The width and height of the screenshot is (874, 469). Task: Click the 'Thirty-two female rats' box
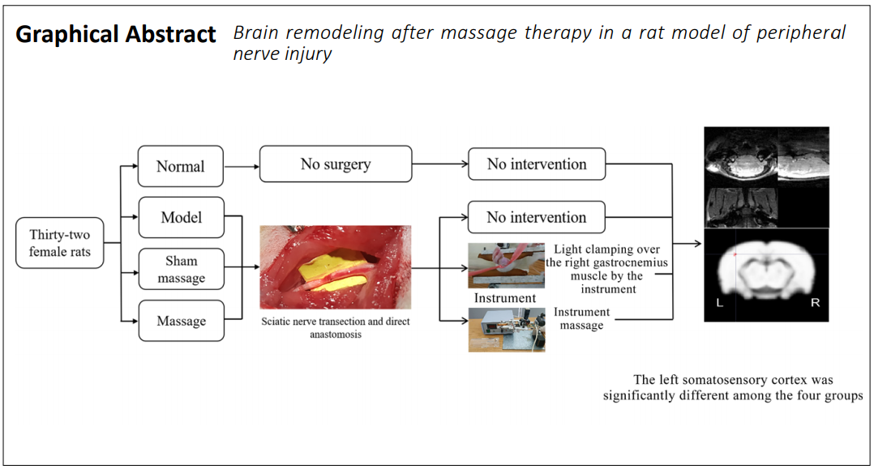[x=60, y=243]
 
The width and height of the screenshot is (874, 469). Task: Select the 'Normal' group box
[x=181, y=166]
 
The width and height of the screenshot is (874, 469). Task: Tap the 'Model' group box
[x=181, y=217]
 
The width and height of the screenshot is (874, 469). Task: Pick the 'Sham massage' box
[x=181, y=269]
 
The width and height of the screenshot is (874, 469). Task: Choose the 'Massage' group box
[x=181, y=321]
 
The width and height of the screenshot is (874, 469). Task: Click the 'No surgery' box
[x=336, y=164]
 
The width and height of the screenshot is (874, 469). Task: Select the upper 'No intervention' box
[x=537, y=164]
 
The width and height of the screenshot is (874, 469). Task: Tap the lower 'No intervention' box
[x=537, y=216]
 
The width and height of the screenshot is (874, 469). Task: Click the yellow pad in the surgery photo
[x=332, y=272]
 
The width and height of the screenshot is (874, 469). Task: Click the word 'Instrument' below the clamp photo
[x=505, y=298]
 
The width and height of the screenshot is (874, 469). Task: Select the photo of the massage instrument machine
[x=507, y=330]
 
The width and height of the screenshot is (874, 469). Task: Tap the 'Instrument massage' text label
[x=581, y=318]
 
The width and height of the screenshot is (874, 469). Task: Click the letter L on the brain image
[x=720, y=303]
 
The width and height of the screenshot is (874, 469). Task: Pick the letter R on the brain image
[x=815, y=303]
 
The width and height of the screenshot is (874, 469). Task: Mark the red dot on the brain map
[x=735, y=254]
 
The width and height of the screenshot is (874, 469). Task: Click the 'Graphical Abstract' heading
[x=115, y=35]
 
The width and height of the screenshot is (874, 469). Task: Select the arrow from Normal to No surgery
[x=242, y=166]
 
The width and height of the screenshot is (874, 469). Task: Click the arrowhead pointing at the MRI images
[x=697, y=244]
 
